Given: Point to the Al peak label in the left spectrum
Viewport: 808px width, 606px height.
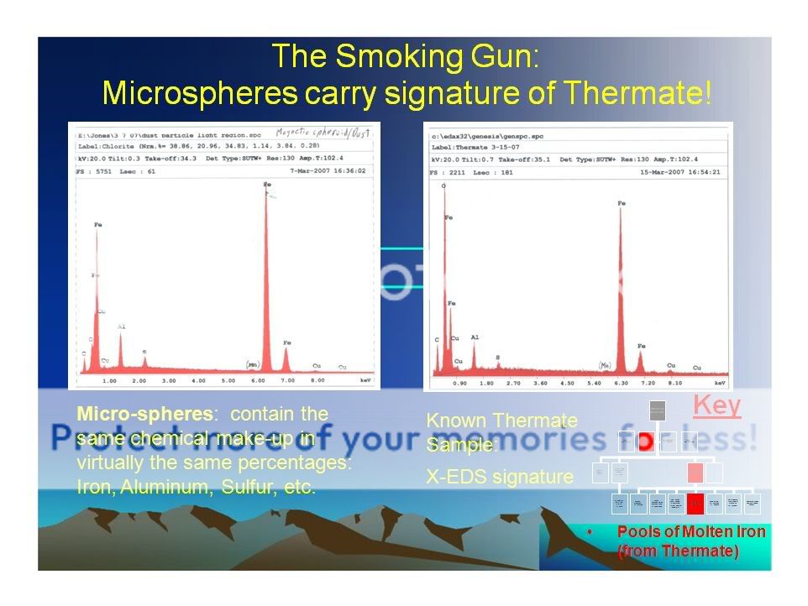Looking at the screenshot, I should click(x=121, y=327).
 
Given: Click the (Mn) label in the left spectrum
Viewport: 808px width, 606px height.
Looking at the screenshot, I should click(x=251, y=364).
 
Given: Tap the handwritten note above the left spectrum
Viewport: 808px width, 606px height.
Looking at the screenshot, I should click(x=323, y=133).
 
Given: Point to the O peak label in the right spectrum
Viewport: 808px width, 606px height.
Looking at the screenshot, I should click(x=443, y=185).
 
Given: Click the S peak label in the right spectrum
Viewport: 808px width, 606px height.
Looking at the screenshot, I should click(x=497, y=357).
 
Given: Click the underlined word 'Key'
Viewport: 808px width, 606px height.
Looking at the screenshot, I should click(x=716, y=406).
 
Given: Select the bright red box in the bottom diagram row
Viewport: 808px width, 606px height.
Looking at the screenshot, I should click(x=695, y=504).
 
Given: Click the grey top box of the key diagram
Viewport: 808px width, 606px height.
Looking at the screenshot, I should click(x=658, y=410).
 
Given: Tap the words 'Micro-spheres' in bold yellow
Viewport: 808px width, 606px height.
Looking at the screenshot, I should click(x=126, y=414).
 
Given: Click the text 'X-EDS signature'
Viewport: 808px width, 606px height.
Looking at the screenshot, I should click(x=500, y=477).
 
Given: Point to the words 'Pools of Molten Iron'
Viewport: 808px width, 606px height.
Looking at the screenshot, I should click(x=690, y=531).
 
